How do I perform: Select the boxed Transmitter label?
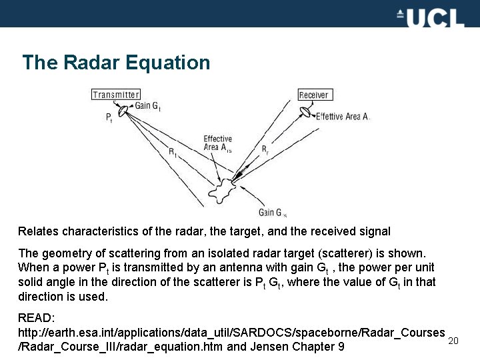116,95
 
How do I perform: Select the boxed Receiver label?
313,95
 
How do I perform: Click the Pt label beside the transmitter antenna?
109,117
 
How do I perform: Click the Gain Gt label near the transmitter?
147,105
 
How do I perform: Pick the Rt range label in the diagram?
172,153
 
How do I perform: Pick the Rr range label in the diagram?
265,148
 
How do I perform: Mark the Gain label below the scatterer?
272,213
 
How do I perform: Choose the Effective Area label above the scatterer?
217,143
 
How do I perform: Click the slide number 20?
453,341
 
